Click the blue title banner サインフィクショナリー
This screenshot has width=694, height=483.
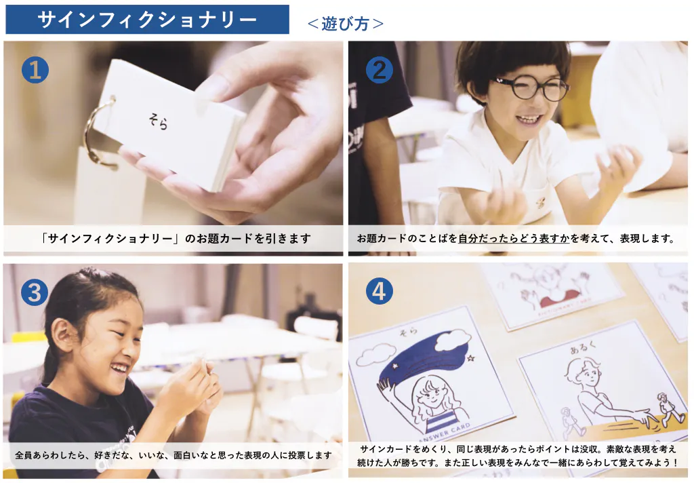point(147,20)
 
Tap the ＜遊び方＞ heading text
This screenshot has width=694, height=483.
point(345,24)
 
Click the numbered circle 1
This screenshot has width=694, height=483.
point(35,70)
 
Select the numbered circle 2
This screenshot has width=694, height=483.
point(380,70)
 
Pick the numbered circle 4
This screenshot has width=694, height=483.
point(380,291)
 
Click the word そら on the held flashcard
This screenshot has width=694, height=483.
point(159,121)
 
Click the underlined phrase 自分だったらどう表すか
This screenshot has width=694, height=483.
point(514,238)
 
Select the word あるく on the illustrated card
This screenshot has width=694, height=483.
point(583,347)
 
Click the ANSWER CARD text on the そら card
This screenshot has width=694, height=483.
point(443,433)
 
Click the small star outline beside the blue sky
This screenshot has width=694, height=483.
point(470,358)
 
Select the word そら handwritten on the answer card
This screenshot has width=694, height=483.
point(408,332)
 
